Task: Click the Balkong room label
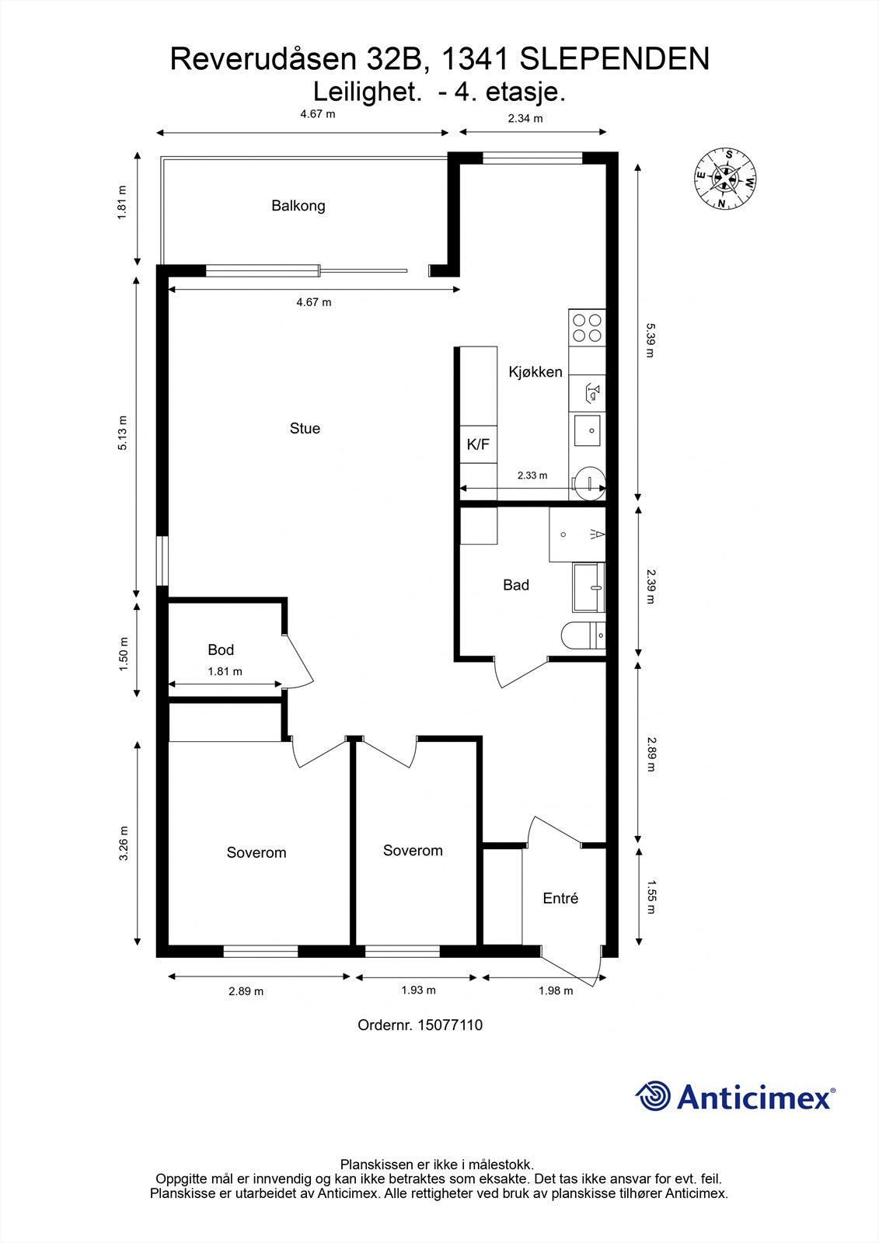298,206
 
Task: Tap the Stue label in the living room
305,428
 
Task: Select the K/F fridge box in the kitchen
478,445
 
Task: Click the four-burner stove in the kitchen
587,327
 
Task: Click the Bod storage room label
221,649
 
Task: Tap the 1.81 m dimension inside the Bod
225,671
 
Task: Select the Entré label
560,898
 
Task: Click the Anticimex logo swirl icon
653,1097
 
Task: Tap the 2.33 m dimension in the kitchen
532,475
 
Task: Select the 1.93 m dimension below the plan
418,991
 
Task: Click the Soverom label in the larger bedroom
256,852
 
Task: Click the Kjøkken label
535,372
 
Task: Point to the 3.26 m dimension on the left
123,843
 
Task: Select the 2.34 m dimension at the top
525,119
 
